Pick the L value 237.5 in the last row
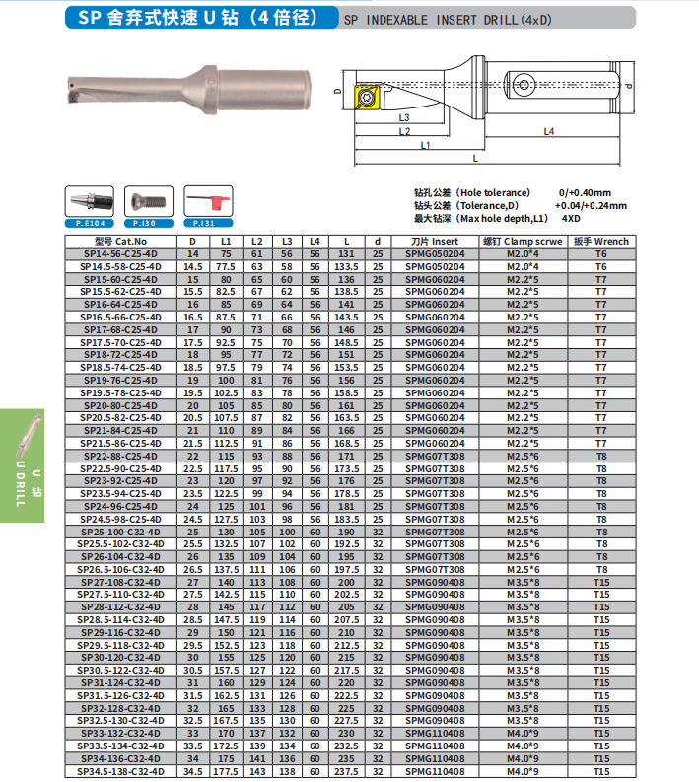(x=347, y=772)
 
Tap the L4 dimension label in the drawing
(x=549, y=131)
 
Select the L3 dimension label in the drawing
(x=405, y=117)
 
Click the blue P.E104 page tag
(x=89, y=224)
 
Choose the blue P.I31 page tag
(x=204, y=224)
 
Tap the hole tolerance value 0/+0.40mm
(x=585, y=192)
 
